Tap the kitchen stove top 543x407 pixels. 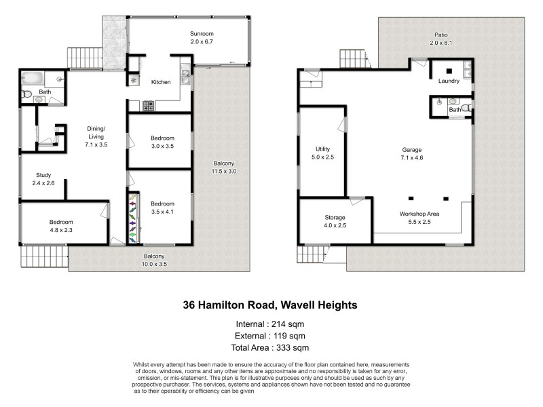[148, 105]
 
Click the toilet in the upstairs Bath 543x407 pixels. [26, 94]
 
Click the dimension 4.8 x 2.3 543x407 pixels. [61, 231]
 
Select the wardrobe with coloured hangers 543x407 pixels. [132, 218]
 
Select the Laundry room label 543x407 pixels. [449, 81]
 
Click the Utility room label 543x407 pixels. [322, 149]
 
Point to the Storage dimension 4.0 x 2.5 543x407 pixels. [335, 225]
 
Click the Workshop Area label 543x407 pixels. [419, 214]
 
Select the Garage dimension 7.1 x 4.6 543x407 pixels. [411, 157]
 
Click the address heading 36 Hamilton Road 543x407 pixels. [270, 305]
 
